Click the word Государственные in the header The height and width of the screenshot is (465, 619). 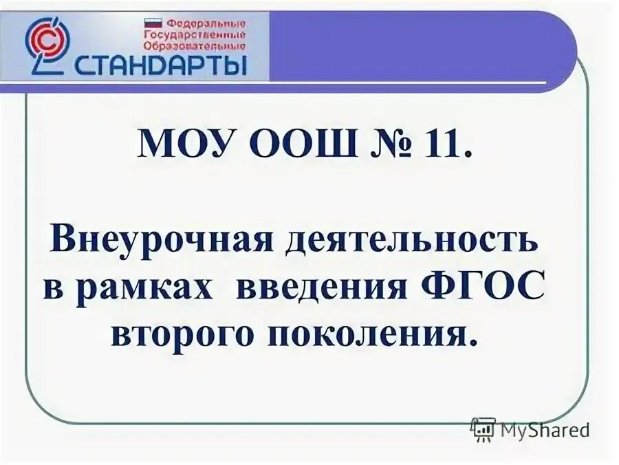pos(195,34)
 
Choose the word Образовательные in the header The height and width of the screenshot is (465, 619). pos(195,46)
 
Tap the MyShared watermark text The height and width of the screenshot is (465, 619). pos(545,431)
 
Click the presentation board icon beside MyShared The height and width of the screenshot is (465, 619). pos(484,429)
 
